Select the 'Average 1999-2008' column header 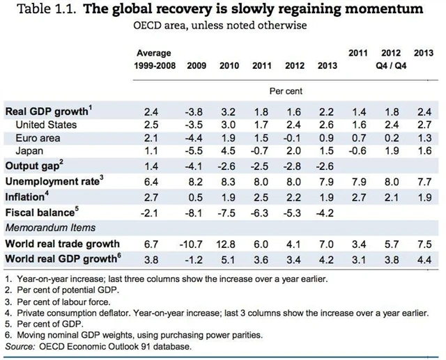(x=154, y=59)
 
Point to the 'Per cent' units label (x=286, y=91)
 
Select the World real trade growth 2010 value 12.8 (x=229, y=244)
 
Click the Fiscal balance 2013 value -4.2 (x=326, y=212)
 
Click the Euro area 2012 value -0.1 (x=294, y=139)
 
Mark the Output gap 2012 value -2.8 (x=294, y=166)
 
